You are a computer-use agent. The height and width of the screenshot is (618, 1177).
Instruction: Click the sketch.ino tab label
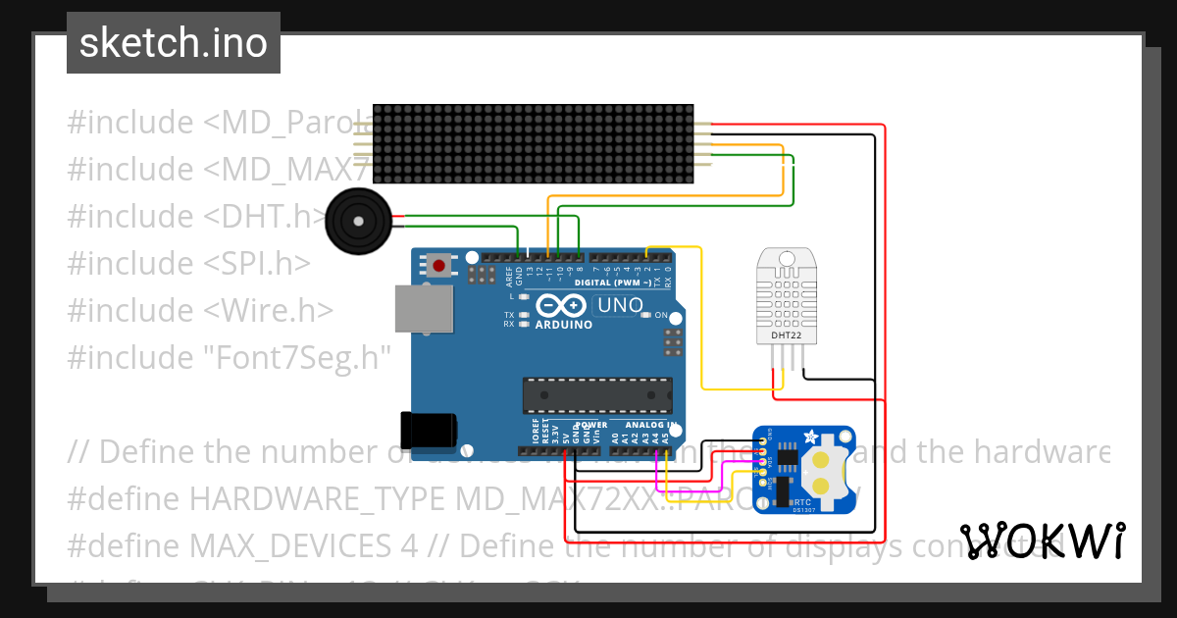pos(174,43)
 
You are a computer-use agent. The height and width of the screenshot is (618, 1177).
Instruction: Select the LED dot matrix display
pos(534,143)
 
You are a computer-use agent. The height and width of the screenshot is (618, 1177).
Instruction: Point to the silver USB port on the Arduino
pos(424,311)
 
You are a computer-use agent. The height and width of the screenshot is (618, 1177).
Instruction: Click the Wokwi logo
pos(1043,541)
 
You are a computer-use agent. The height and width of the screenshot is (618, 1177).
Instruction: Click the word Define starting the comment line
pos(146,452)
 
